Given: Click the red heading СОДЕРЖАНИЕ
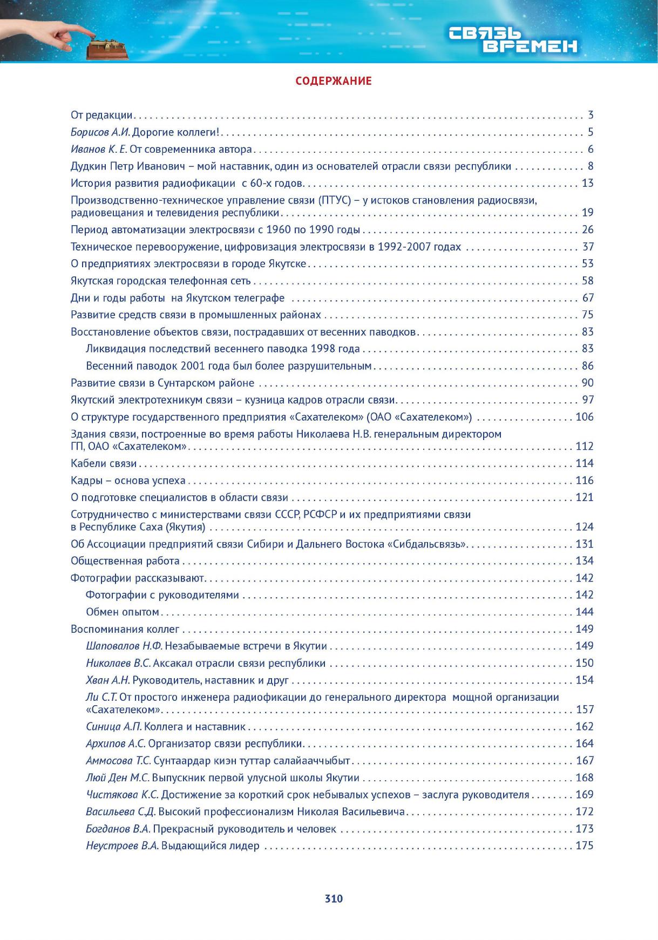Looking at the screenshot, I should [x=334, y=81].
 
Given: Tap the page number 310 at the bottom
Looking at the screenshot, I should [x=334, y=899].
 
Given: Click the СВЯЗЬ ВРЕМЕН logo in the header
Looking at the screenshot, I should [x=513, y=41].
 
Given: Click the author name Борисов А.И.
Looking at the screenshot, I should [x=100, y=132].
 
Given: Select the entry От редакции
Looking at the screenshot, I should [x=101, y=115].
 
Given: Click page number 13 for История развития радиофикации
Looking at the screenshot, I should [x=587, y=183].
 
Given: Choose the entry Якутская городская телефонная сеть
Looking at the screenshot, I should [x=161, y=281].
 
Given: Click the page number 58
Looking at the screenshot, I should [x=587, y=281].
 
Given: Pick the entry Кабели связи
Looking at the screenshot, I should [x=104, y=464].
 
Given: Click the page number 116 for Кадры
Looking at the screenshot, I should [x=585, y=481].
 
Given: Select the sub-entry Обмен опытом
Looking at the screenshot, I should [x=123, y=612].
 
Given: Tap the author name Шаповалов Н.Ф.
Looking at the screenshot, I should [x=124, y=646].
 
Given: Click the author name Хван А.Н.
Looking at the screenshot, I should [x=108, y=680].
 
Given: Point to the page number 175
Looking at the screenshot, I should [x=585, y=846].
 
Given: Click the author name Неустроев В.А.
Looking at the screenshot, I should [x=123, y=846].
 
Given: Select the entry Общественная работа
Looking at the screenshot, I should [x=125, y=561].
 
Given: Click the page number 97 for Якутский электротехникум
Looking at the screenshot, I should [x=587, y=400].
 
